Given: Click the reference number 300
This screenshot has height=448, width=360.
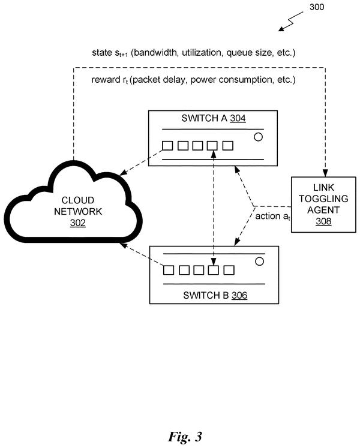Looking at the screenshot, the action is point(317,7).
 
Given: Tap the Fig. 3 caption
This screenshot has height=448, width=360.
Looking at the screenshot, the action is point(185,437).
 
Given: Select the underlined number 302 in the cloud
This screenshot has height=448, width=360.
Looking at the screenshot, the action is point(78,223).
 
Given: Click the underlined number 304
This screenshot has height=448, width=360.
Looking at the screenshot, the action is point(238,118).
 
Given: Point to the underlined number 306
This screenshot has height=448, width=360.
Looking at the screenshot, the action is point(239,295).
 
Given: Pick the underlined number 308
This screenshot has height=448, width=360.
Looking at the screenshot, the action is point(323,221).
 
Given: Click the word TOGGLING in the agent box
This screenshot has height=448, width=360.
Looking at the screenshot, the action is point(323,199).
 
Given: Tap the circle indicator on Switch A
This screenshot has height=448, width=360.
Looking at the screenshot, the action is point(258,137).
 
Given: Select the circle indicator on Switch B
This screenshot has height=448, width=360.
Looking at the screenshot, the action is point(259,261).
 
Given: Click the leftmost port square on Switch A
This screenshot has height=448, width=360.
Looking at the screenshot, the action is point(167,146).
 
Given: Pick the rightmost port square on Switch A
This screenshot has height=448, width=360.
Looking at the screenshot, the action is point(227,146).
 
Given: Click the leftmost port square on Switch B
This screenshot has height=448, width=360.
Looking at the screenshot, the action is point(169,270).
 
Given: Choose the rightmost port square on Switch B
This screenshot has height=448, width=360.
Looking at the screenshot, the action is point(229,270).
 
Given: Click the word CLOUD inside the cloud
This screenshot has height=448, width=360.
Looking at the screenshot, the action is point(78,200).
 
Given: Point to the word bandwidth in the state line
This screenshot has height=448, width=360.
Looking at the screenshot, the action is point(155,53).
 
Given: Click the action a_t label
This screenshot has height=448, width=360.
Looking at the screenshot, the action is point(272,217).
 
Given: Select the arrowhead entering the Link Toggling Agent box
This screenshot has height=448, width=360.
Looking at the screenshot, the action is point(325,173).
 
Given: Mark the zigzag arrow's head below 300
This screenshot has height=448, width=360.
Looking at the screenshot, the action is point(281,29).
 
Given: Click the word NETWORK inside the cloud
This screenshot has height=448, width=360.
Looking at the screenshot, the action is point(78,212).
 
